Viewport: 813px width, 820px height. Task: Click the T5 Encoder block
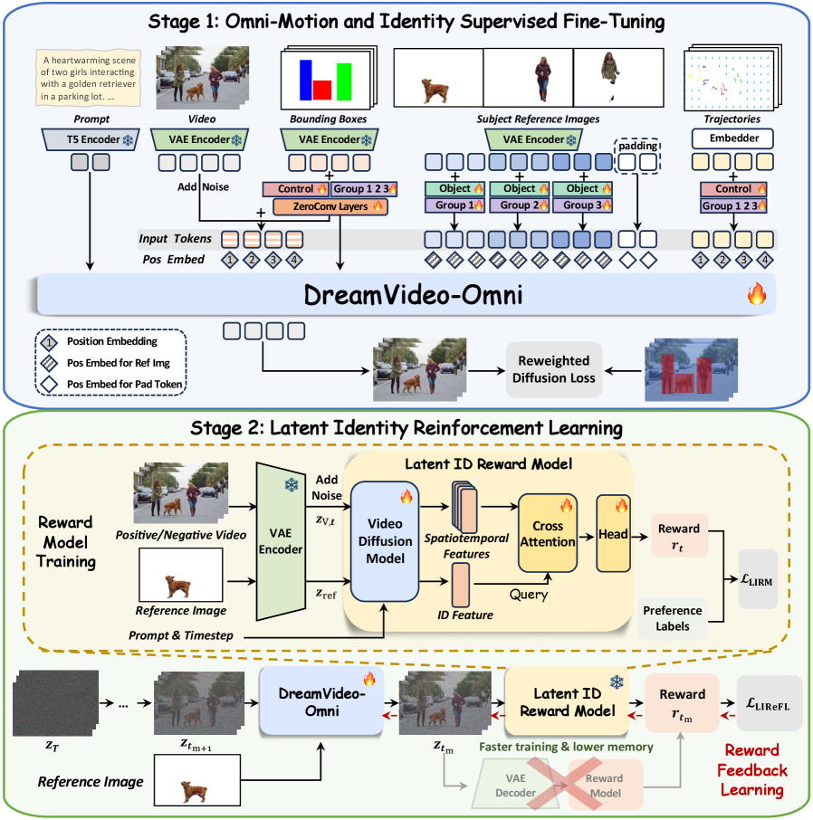click(x=89, y=139)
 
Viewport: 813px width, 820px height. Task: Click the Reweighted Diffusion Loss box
click(x=554, y=369)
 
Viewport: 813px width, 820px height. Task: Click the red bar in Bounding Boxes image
click(x=322, y=90)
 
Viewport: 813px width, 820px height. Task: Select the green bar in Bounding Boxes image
click(x=344, y=81)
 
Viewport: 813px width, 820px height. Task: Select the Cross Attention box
click(x=548, y=534)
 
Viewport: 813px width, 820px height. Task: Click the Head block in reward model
click(x=614, y=534)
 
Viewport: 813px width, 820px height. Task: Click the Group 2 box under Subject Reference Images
click(x=519, y=205)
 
